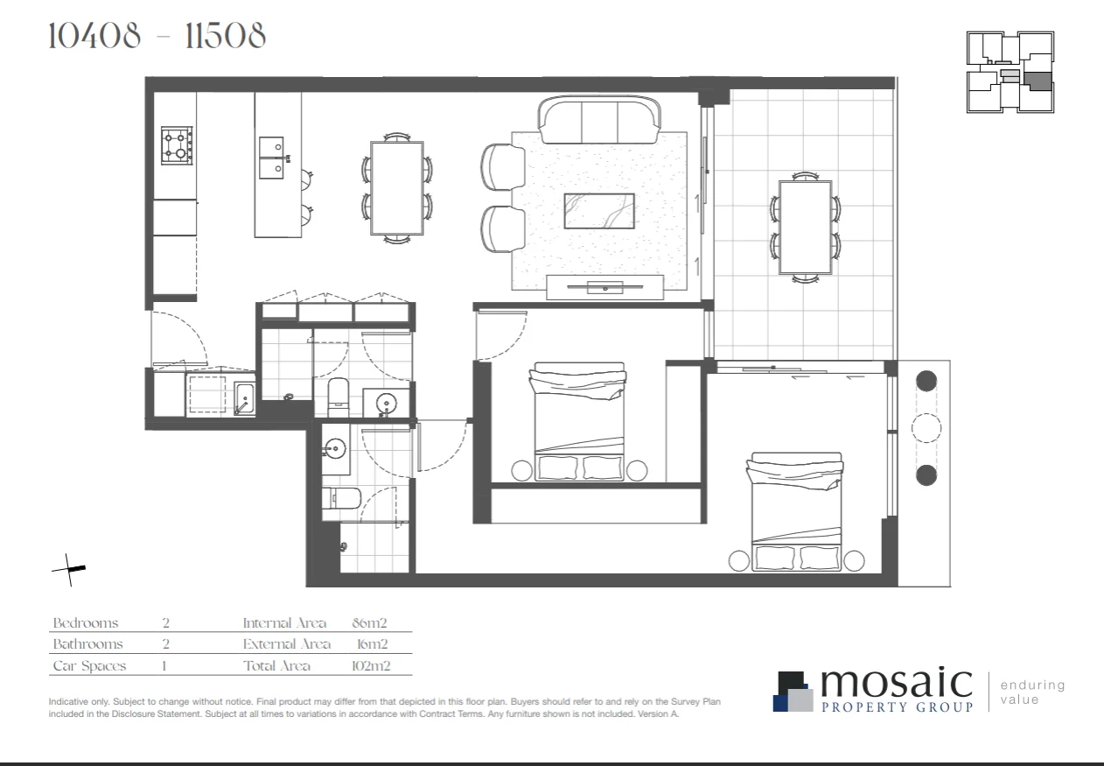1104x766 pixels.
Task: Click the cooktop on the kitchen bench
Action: click(176, 145)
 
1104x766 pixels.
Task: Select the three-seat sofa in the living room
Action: click(599, 121)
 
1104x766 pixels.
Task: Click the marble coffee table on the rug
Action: click(598, 211)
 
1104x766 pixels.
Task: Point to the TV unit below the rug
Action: click(604, 286)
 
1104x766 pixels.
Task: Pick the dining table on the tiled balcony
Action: click(805, 228)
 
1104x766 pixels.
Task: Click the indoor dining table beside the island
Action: click(396, 187)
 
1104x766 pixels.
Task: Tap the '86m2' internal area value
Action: click(368, 623)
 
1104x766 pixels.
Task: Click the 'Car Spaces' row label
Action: click(89, 666)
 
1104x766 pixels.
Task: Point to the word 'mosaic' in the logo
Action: click(896, 682)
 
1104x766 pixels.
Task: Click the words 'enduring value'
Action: click(1032, 692)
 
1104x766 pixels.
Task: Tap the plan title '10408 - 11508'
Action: click(157, 37)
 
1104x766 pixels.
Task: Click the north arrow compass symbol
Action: click(69, 570)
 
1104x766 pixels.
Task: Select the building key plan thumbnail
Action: click(1010, 73)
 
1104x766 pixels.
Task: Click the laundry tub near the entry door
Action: click(244, 398)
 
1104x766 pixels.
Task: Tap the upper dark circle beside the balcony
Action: click(926, 382)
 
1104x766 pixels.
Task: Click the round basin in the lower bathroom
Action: click(334, 450)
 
